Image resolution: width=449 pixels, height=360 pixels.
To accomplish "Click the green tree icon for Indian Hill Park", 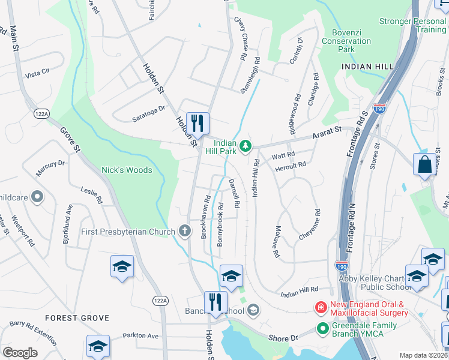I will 245,146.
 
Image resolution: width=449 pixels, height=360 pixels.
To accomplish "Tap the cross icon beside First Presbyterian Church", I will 185,232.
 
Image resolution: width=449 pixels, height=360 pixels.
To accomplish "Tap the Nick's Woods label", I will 126,170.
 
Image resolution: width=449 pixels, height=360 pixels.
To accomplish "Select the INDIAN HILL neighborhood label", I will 367,66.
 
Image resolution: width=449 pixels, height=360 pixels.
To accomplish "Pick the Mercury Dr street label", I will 50,167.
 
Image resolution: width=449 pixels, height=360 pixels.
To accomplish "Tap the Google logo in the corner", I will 20,353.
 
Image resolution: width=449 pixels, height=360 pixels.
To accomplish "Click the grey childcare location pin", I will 37,196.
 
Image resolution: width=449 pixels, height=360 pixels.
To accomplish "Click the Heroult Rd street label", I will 291,164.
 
